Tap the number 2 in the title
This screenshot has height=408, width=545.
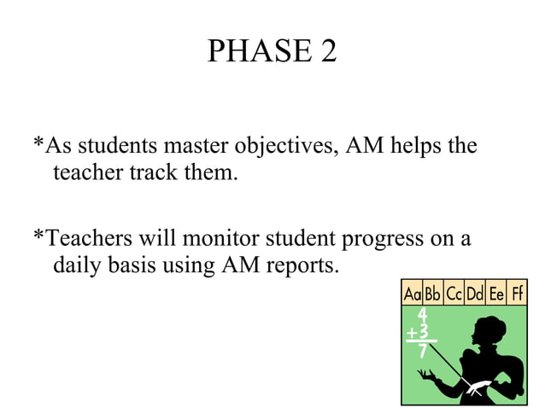pos(328,53)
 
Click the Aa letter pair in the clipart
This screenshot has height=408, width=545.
pos(413,294)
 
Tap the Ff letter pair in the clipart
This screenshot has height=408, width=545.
pos(517,294)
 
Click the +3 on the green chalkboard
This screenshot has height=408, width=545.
pos(418,332)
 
